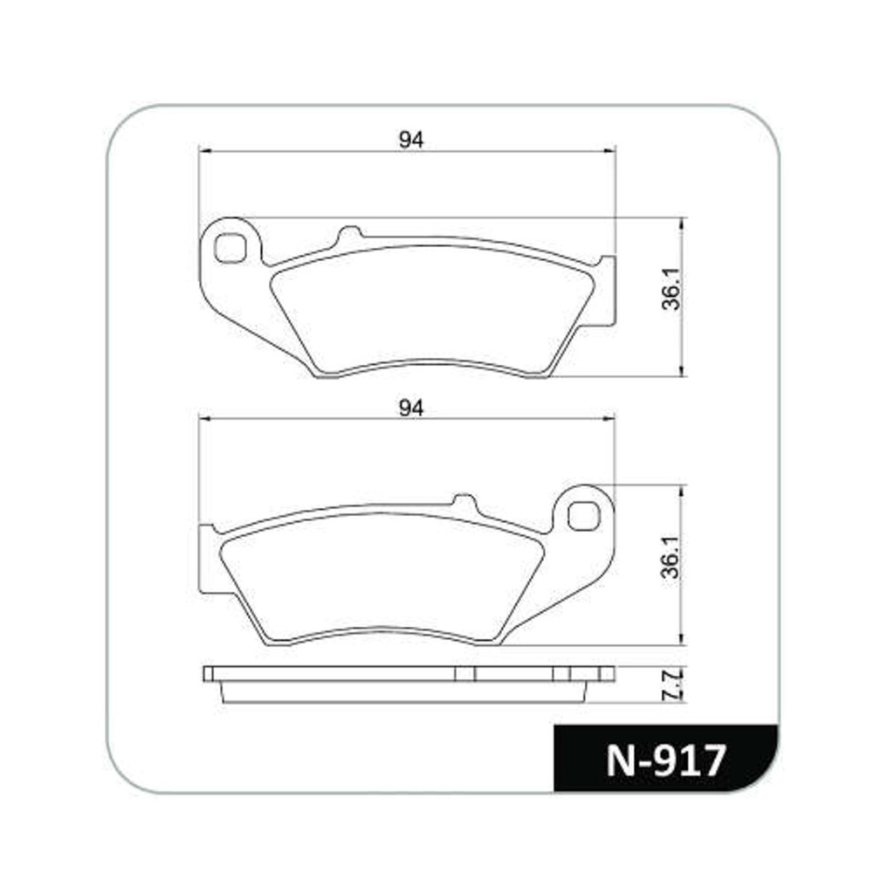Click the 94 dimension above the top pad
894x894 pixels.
coord(410,140)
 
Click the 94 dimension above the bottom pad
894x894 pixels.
coord(410,409)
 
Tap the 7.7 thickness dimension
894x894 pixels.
coord(671,685)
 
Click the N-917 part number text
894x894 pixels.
coord(665,760)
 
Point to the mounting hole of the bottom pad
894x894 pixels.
coord(584,516)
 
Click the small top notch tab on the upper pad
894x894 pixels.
coord(350,233)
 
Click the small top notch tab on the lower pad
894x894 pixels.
coord(464,501)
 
